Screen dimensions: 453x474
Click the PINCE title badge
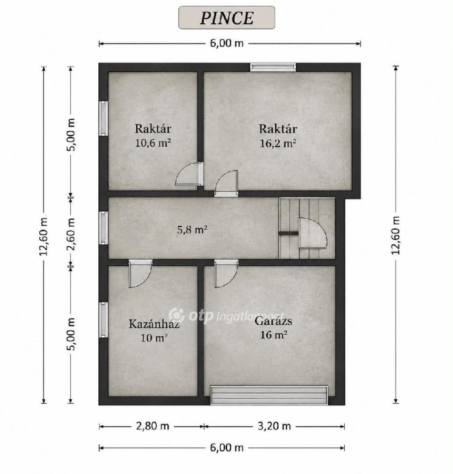tap(226, 18)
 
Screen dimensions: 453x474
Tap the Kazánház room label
tap(154, 324)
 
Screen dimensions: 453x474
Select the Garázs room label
tap(273, 321)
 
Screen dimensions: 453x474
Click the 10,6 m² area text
tap(153, 143)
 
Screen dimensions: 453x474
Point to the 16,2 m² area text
tap(278, 143)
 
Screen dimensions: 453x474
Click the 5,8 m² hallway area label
tap(192, 230)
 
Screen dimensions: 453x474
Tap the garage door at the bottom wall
tap(269, 395)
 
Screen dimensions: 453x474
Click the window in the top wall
tap(273, 67)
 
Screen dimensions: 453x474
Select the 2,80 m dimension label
tap(153, 426)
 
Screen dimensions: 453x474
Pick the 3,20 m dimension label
tap(274, 426)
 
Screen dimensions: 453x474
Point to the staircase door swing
tap(313, 233)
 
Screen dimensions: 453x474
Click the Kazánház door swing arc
tap(140, 274)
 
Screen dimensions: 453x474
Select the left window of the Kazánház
tap(104, 320)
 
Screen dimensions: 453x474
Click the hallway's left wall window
tap(104, 228)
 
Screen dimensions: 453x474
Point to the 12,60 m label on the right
tap(395, 235)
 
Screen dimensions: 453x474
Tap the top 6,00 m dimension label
tap(227, 43)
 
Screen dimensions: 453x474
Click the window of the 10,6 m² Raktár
tap(104, 118)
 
